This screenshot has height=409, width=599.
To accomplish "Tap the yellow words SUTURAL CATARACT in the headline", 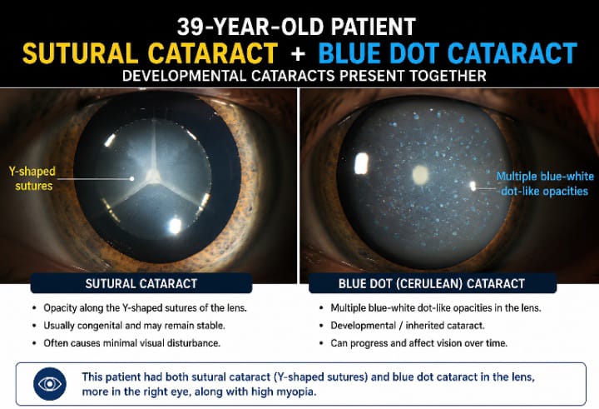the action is tap(150, 52).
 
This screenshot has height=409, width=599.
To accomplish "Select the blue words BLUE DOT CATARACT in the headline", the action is tap(448, 52).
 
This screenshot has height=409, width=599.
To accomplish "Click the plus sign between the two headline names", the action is tap(298, 53).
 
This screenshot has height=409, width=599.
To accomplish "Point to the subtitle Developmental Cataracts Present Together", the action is tap(304, 76).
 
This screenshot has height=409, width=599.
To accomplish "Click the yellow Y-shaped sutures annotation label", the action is tap(32, 178).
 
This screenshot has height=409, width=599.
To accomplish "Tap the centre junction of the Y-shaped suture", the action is tap(154, 176).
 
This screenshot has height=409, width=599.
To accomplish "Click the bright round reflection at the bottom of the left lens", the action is tap(175, 226).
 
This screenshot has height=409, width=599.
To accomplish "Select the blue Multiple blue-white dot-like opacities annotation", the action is tap(545, 183).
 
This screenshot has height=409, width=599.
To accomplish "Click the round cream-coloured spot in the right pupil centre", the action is tap(420, 174).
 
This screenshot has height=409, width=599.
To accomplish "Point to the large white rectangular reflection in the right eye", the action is tap(361, 163).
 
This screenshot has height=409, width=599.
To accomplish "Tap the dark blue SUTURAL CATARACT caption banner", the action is tap(141, 283).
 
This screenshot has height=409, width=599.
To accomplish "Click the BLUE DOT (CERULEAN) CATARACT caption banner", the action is tap(432, 283).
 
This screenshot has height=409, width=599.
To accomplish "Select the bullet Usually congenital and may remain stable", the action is tap(134, 326).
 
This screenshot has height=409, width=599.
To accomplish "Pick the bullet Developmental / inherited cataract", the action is tap(408, 326).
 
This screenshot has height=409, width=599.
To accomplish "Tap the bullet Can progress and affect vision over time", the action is tap(419, 343).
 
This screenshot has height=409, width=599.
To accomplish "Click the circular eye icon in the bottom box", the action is tap(50, 384).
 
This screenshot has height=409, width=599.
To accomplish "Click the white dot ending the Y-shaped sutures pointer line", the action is tap(132, 178).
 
